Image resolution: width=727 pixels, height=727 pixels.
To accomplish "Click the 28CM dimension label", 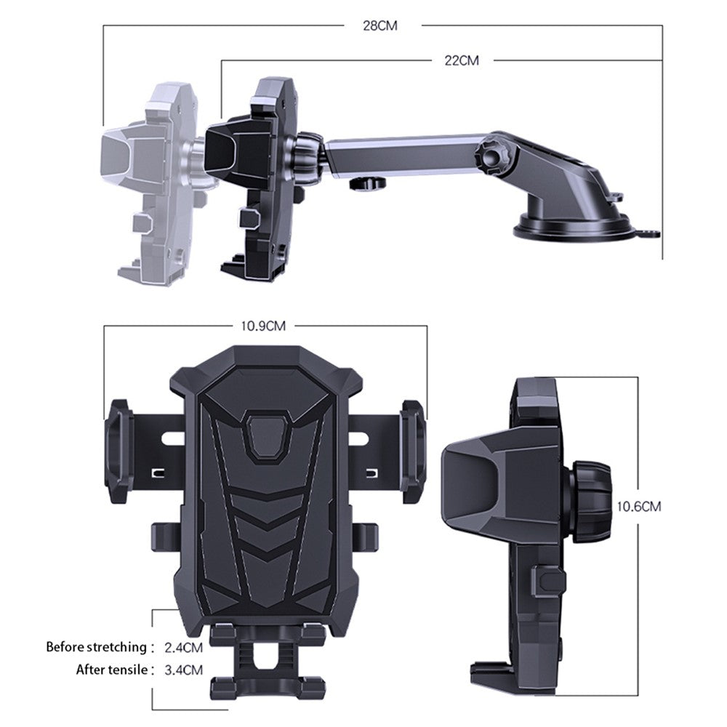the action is point(379,25).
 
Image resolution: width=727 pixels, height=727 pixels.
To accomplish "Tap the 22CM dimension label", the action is point(462,60).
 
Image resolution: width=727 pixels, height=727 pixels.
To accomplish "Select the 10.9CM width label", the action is point(263,326).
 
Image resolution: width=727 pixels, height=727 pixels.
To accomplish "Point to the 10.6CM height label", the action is point(638,506).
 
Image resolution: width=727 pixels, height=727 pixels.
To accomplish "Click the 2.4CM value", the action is point(184,647).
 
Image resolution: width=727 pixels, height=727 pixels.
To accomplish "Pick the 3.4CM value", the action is point(184,670).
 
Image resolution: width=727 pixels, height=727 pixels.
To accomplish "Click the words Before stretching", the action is point(97,647).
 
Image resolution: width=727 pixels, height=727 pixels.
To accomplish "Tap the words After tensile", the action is point(112,670).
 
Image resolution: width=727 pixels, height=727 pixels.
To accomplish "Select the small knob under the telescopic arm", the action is point(367,182).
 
